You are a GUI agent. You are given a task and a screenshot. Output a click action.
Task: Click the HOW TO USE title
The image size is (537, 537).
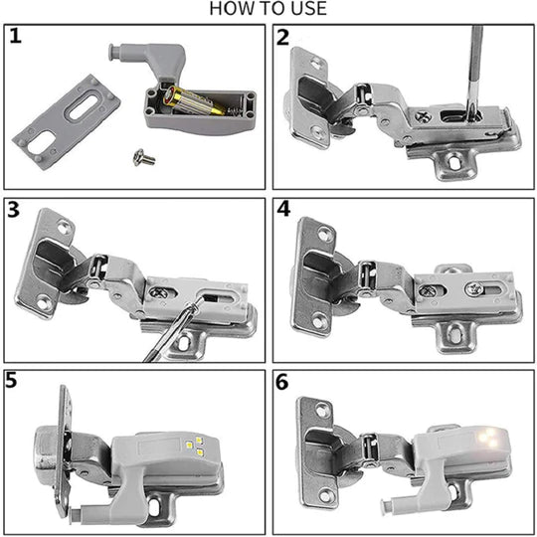268,10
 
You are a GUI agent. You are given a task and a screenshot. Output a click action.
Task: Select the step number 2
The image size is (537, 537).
283,38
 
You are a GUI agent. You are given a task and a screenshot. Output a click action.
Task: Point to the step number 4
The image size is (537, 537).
283,210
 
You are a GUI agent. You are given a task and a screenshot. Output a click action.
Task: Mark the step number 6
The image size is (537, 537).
283,381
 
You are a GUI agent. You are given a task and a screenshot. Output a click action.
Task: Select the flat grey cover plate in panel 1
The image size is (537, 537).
60,116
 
